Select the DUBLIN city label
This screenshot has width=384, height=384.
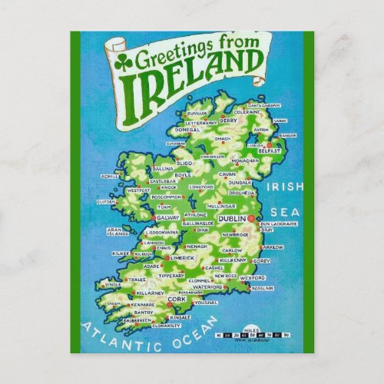pos(231,219)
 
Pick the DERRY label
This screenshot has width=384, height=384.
pos(229,120)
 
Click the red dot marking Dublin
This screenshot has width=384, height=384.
pos(250,219)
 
